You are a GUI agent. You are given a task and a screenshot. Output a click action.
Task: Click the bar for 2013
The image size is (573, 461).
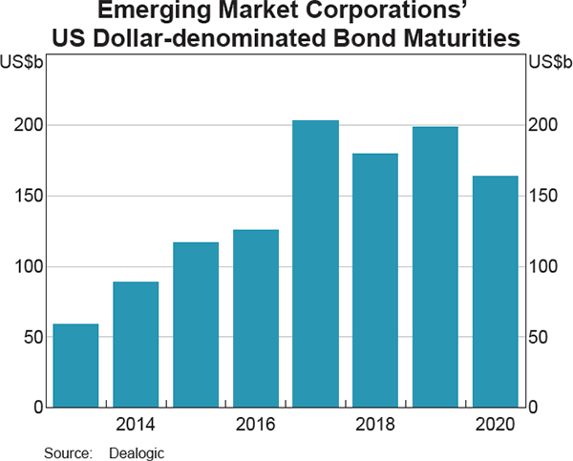pyautogui.click(x=75, y=366)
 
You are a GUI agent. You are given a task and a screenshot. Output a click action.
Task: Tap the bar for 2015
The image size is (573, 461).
pyautogui.click(x=196, y=325)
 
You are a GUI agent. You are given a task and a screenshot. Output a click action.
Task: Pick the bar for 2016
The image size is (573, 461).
pyautogui.click(x=256, y=319)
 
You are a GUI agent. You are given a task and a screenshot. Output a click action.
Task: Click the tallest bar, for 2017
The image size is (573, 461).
pyautogui.click(x=315, y=263)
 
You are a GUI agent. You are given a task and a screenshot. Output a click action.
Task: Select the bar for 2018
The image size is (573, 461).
pyautogui.click(x=375, y=280)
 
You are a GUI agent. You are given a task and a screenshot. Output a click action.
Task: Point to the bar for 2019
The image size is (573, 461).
pyautogui.click(x=435, y=266)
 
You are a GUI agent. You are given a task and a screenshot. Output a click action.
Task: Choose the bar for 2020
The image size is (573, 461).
pyautogui.click(x=495, y=291)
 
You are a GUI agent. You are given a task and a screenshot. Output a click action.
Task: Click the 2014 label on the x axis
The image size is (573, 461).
pyautogui.click(x=136, y=424)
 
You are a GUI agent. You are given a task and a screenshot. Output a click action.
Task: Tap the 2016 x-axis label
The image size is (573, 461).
pyautogui.click(x=256, y=424)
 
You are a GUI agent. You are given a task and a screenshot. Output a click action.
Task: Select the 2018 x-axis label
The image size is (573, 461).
pyautogui.click(x=375, y=424)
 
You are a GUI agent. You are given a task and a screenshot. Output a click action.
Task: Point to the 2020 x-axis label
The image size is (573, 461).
pyautogui.click(x=495, y=424)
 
